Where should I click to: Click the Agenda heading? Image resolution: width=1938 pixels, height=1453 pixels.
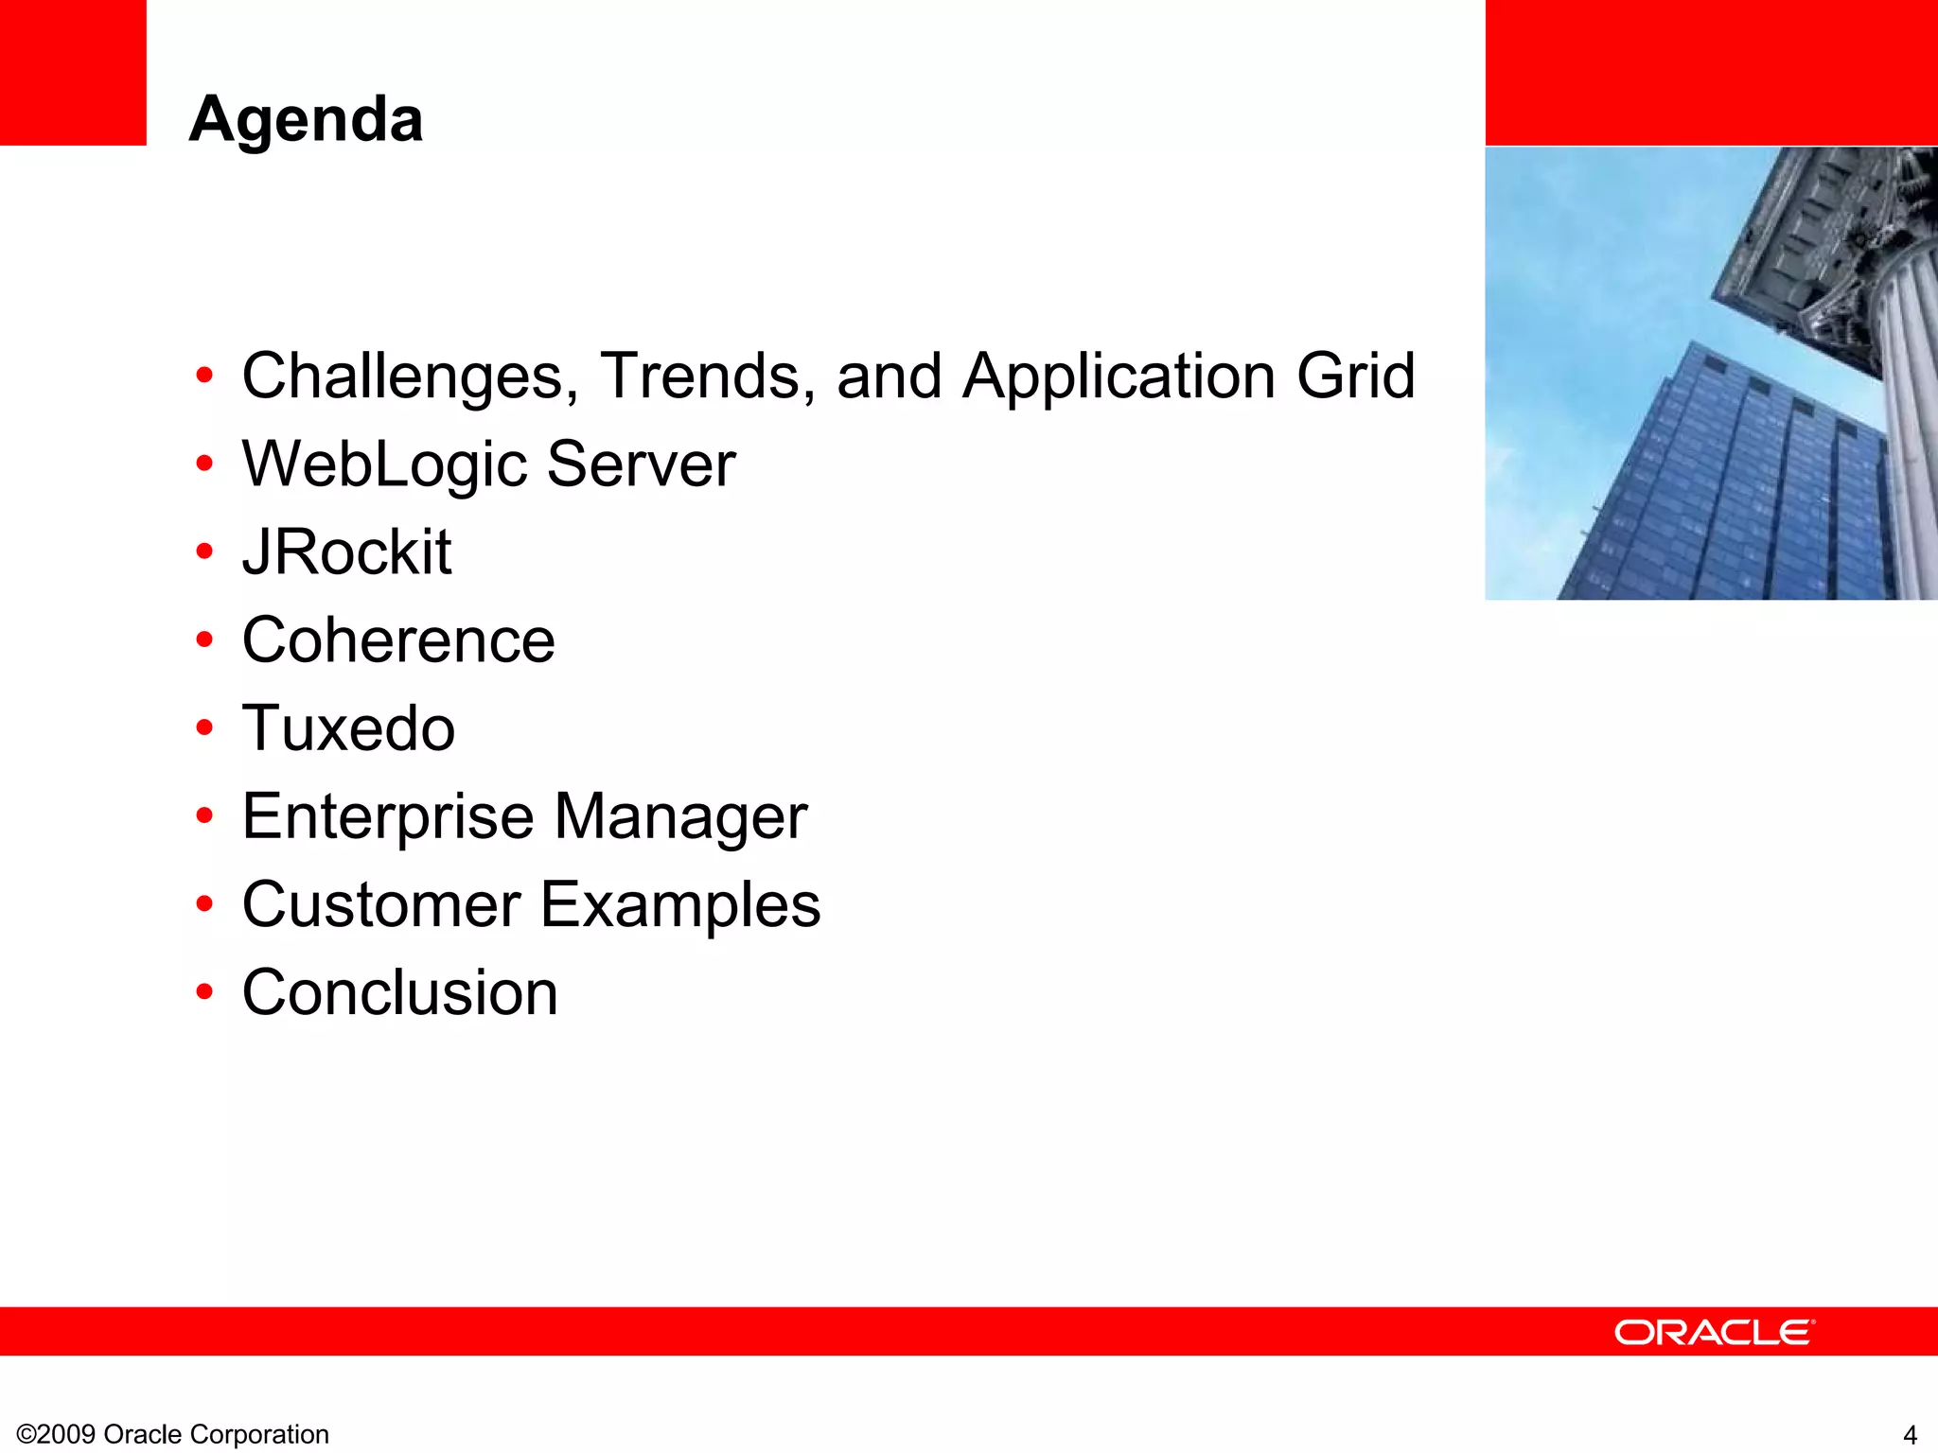(306, 120)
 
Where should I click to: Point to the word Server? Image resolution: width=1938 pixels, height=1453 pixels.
(641, 464)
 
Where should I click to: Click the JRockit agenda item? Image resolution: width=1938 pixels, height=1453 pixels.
(346, 552)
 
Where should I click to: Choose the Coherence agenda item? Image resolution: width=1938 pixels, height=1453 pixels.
(398, 640)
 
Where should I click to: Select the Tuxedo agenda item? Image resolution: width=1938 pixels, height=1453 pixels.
(348, 728)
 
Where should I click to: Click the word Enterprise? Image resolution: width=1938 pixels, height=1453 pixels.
(388, 816)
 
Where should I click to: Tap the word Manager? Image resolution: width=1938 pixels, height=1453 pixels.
(680, 816)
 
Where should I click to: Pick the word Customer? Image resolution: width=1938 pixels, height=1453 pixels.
(381, 904)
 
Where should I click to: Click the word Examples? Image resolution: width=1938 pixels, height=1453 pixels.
(680, 904)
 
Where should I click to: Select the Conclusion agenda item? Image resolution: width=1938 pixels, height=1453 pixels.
(399, 992)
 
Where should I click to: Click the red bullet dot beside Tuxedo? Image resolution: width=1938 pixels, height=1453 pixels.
(204, 728)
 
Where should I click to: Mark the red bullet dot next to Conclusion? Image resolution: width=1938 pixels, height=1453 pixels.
(204, 992)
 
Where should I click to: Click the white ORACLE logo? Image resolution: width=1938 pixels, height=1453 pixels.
(1714, 1332)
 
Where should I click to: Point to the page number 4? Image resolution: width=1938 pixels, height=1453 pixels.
(1910, 1435)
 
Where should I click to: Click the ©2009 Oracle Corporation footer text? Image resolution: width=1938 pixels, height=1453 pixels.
(173, 1434)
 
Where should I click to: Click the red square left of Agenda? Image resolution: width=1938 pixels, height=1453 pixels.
(72, 72)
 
